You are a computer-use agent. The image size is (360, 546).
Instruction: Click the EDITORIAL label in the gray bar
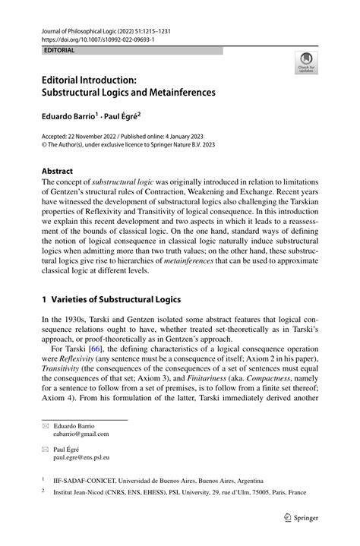[60, 50]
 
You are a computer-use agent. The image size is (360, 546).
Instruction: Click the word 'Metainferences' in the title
[180, 92]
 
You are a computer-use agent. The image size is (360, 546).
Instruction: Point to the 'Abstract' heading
[58, 171]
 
